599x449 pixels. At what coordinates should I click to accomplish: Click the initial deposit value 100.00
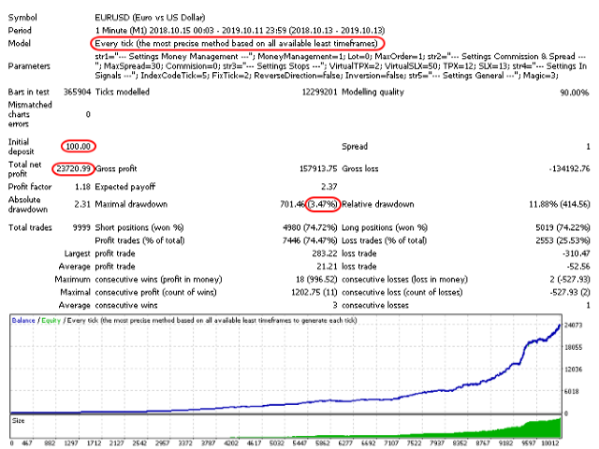79,147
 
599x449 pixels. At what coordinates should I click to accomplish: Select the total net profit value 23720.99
72,168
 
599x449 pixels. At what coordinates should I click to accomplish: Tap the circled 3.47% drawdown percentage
322,203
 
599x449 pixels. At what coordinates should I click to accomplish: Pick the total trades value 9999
79,227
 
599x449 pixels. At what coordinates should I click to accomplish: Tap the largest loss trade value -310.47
568,253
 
